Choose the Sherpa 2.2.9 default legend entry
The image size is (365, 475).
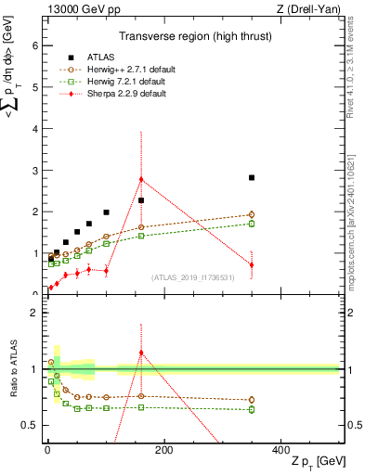coord(120,93)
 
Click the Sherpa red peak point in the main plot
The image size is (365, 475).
coord(141,179)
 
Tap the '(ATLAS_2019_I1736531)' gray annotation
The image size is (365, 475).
coord(193,276)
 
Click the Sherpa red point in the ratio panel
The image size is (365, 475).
coord(141,353)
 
